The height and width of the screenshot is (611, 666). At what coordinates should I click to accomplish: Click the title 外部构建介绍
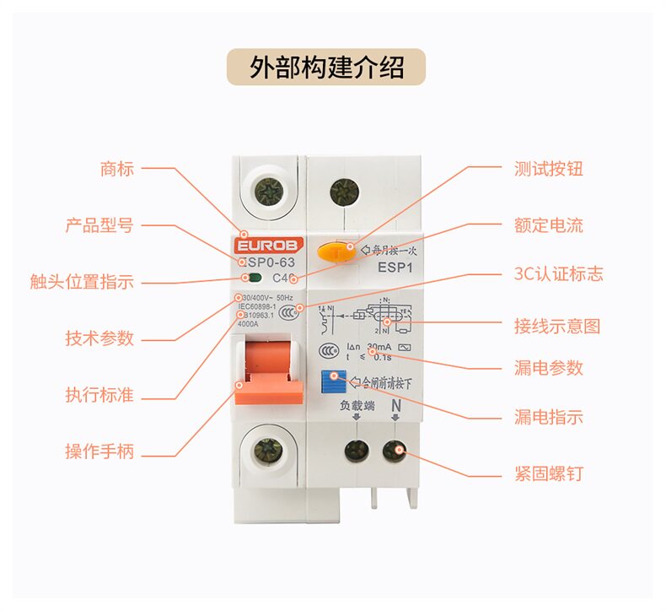point(326,67)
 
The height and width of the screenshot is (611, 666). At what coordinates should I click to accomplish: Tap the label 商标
point(116,169)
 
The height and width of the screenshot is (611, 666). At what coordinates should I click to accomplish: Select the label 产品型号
point(99,225)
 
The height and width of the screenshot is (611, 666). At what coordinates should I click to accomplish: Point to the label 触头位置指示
point(82,282)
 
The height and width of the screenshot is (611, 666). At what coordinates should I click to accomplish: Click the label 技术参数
point(99,338)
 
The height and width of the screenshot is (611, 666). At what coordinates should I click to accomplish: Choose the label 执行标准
point(99,395)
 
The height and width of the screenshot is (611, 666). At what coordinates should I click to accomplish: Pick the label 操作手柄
point(99,451)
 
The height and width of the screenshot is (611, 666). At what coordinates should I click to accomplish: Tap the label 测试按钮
point(548,169)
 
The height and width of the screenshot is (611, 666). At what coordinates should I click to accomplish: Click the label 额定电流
point(548,225)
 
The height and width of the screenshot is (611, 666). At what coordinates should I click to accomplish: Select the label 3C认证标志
point(558,274)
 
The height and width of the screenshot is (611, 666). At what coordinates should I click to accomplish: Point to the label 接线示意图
point(556,326)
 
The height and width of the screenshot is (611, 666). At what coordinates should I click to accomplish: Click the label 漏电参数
point(548,368)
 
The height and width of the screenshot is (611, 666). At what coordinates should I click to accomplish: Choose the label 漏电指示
point(548,417)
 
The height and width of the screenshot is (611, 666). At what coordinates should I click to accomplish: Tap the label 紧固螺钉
point(548,473)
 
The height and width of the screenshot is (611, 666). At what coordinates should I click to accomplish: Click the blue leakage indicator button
point(336,380)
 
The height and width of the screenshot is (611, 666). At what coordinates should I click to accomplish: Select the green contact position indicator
point(253,278)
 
